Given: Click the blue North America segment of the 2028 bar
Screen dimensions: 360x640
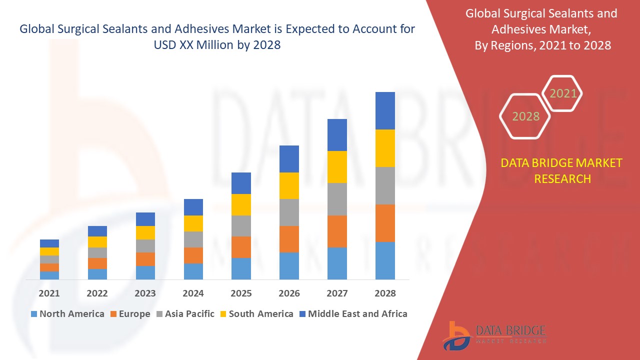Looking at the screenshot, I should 385,260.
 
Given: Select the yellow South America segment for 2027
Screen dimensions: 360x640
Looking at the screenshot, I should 337,167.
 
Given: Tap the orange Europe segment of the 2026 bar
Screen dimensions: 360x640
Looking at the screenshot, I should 289,239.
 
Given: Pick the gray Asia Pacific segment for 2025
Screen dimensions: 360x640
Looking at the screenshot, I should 241,226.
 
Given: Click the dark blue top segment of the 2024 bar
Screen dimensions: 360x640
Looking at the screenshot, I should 193,207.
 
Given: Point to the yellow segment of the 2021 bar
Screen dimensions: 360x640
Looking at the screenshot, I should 49,251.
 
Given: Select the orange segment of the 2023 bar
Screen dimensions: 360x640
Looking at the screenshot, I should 145,259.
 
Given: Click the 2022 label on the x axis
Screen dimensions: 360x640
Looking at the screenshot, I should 97,293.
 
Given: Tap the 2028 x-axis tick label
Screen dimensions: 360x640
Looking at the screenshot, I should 385,293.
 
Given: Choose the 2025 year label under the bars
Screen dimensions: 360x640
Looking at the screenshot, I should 241,293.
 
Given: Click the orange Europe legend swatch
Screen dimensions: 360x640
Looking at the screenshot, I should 113,314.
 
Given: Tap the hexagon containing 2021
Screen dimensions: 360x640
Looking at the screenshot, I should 563,93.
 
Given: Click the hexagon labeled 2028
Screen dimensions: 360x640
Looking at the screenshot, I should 525,116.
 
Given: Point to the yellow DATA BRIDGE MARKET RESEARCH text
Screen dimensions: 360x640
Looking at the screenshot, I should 562,171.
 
